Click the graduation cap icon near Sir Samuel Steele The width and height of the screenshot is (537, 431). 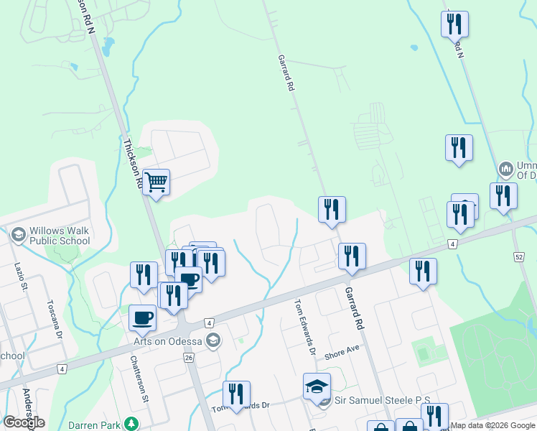click(316, 386)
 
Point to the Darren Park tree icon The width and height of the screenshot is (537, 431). click(131, 424)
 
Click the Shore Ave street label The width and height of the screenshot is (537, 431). click(341, 353)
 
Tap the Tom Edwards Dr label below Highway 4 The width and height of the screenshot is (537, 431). click(304, 327)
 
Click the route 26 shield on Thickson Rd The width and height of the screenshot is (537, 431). click(189, 357)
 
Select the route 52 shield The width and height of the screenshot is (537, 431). click(519, 256)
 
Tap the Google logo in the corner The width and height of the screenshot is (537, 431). click(24, 422)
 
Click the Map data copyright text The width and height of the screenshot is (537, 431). click(492, 425)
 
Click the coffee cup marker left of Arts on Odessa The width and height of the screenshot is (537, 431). click(141, 318)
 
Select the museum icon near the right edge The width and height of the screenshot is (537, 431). click(507, 169)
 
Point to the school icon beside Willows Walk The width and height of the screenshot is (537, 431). click(18, 235)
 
